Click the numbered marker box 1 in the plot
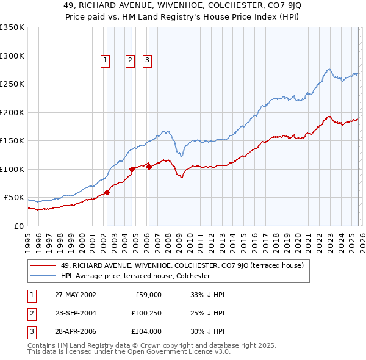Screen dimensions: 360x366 click(x=106, y=60)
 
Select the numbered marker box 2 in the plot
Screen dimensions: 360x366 click(x=131, y=60)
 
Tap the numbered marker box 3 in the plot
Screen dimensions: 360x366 click(x=148, y=60)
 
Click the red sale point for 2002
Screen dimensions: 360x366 click(x=107, y=192)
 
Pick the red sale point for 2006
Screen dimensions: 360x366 click(x=149, y=166)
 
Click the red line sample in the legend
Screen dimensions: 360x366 click(x=43, y=265)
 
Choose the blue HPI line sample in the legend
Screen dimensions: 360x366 click(x=43, y=276)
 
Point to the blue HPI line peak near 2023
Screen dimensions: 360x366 click(x=329, y=69)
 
